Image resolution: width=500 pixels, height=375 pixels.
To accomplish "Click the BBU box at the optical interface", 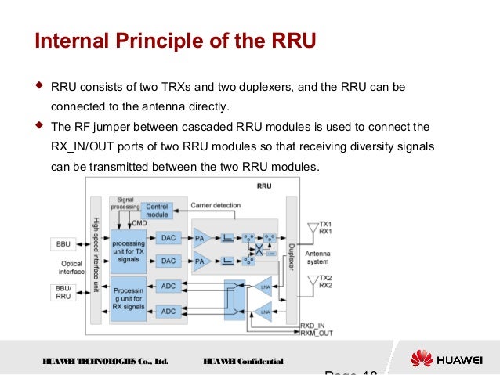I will [x=63, y=243].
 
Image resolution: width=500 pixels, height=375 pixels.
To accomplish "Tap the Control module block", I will [x=157, y=210].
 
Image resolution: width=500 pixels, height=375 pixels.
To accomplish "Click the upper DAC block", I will [x=168, y=237].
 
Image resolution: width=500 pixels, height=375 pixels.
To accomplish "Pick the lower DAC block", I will [x=168, y=260].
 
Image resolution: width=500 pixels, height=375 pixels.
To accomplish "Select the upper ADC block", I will [x=168, y=287].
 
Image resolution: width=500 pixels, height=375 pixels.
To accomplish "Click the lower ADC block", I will [x=168, y=311].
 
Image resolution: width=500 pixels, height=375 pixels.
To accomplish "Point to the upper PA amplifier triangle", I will [x=201, y=237].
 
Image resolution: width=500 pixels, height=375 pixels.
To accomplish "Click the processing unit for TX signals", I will [x=128, y=249].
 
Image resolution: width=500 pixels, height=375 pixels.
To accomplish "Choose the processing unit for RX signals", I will [x=128, y=298].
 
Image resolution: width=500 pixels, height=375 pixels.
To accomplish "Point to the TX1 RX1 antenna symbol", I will [x=312, y=227].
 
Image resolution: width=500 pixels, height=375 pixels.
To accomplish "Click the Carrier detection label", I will [x=216, y=205].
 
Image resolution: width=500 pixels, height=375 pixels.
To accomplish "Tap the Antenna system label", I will [x=317, y=258].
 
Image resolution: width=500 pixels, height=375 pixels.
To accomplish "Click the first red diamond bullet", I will [x=39, y=85].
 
